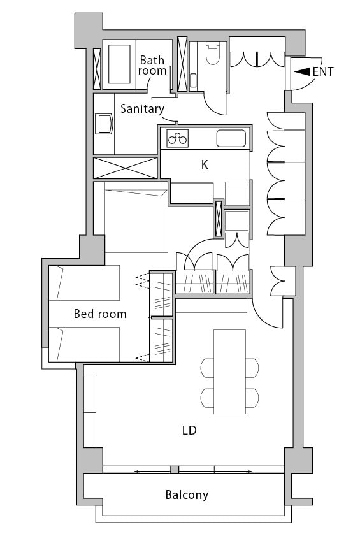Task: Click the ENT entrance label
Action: (323, 71)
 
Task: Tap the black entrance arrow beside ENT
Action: (303, 71)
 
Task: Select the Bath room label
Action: (152, 65)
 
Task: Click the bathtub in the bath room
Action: (119, 64)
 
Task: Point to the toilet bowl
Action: (213, 54)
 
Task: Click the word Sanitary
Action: (142, 109)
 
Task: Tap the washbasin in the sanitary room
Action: (104, 124)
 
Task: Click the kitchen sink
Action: (231, 138)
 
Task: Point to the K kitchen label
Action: (205, 165)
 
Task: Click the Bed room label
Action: (100, 314)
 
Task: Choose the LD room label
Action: (189, 430)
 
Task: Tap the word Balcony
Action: (187, 495)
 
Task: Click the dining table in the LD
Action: (229, 371)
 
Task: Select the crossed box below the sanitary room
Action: (126, 168)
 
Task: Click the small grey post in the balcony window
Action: (175, 470)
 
